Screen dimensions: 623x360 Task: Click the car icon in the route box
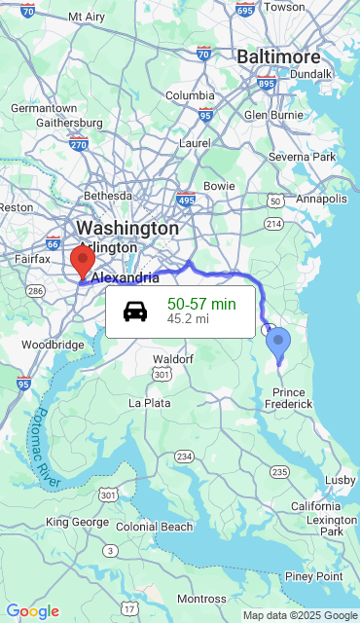[135, 311]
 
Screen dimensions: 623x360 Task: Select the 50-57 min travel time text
[201, 304]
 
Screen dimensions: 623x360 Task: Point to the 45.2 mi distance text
[188, 318]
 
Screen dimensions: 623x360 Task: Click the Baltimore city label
[278, 56]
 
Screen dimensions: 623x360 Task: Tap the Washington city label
[127, 228]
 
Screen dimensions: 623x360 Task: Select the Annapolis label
[321, 199]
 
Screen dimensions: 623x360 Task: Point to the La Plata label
[150, 402]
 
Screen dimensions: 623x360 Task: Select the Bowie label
[219, 185]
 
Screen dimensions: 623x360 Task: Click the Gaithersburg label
[69, 123]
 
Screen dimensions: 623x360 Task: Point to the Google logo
[32, 611]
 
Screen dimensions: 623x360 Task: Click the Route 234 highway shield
[183, 457]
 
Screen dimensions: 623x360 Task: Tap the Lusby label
[340, 480]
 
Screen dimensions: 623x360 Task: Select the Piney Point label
[314, 576]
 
